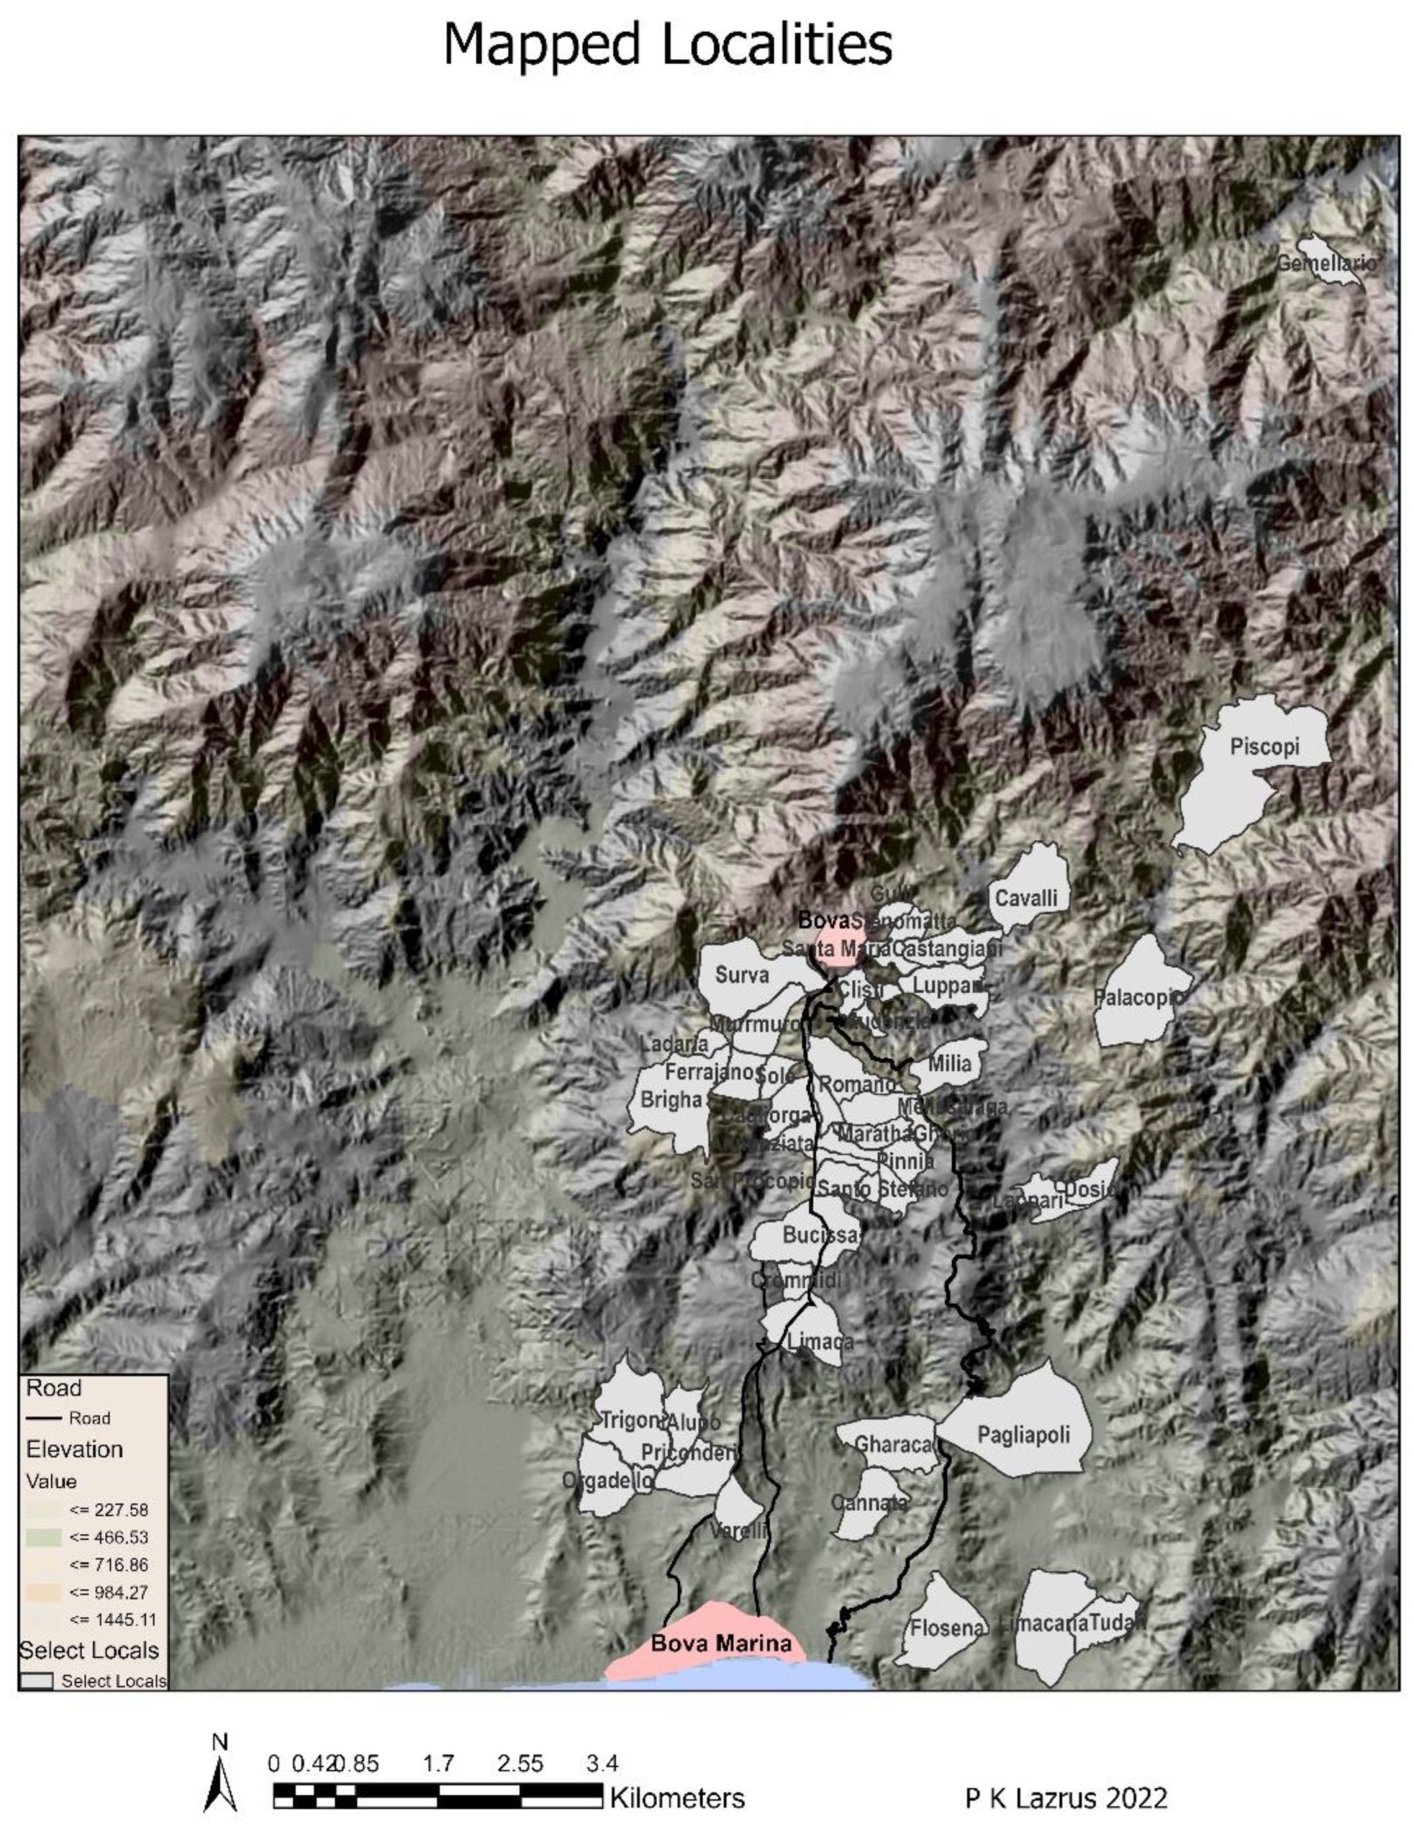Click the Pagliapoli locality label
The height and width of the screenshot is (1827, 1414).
tap(1023, 1435)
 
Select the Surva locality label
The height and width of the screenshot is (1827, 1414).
tap(742, 974)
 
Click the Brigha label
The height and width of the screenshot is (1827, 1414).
tap(670, 1100)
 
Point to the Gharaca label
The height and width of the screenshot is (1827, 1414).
tap(893, 1444)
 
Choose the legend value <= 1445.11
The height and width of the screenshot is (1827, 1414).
tap(113, 1619)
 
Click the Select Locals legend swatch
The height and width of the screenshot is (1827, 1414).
tap(37, 1681)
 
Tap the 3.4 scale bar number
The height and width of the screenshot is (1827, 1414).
tap(601, 1764)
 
